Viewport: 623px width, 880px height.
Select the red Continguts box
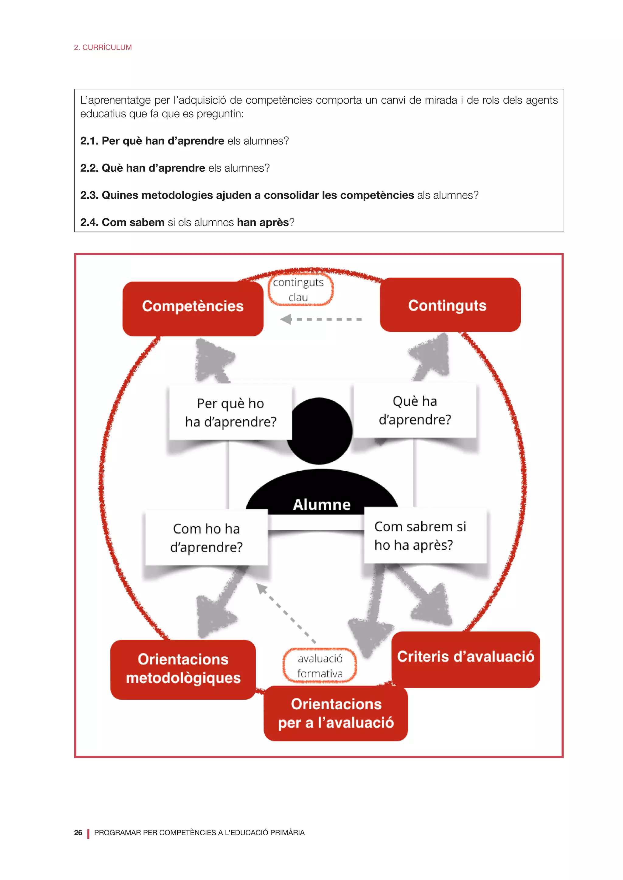[x=450, y=305]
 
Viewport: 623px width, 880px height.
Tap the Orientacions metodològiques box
[x=183, y=669]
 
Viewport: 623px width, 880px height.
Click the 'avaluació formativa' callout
[x=320, y=666]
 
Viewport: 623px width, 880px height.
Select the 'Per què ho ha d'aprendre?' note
[x=231, y=412]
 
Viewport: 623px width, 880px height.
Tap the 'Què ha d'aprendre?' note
[x=415, y=411]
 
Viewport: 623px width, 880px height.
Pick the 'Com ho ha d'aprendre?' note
[x=206, y=537]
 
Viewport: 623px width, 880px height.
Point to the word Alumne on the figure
[x=322, y=505]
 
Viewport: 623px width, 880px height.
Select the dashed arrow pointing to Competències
[x=322, y=319]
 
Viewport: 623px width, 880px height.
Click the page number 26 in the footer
[x=78, y=833]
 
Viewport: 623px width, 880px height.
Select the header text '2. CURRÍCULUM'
[x=103, y=47]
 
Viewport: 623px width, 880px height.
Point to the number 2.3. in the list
[x=89, y=195]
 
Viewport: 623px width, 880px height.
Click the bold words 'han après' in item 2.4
[x=263, y=222]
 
